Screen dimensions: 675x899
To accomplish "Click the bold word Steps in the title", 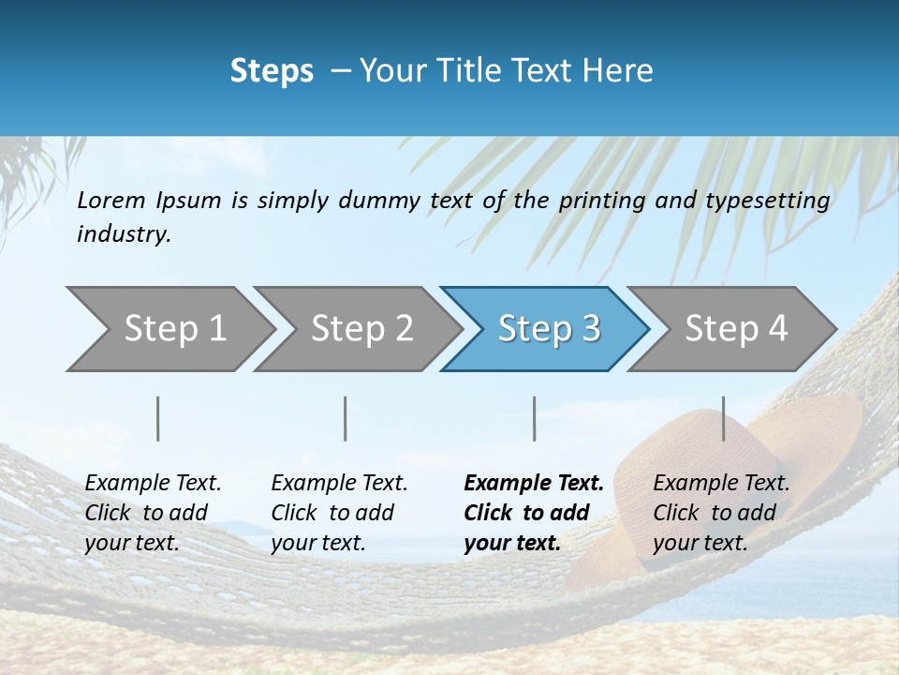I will click(272, 71).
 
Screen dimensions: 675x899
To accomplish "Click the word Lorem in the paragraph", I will click(111, 201).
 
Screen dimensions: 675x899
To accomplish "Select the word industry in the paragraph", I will click(124, 234).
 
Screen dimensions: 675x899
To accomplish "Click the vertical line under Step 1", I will click(158, 418).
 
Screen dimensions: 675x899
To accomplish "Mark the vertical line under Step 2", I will click(346, 418).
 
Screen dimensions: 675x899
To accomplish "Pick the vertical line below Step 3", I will click(535, 418).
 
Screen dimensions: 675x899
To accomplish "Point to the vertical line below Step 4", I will click(724, 418).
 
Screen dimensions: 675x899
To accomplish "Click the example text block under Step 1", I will click(153, 513).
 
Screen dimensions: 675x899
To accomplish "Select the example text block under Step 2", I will click(339, 513).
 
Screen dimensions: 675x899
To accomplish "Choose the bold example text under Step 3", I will click(533, 513).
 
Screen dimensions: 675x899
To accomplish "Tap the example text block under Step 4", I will click(721, 513).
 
